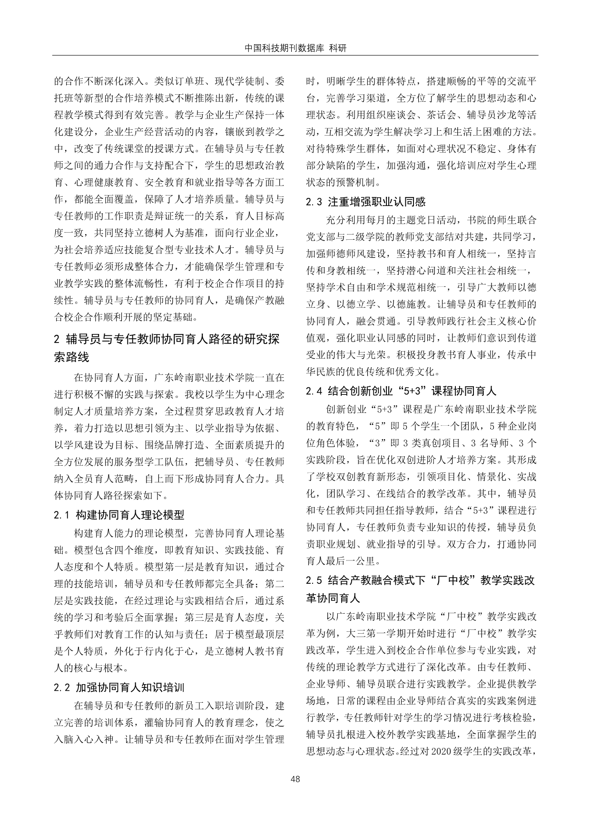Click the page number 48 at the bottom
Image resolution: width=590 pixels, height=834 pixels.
click(295, 779)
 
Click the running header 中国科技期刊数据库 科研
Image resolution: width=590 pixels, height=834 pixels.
click(295, 49)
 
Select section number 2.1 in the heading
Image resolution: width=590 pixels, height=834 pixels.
click(62, 515)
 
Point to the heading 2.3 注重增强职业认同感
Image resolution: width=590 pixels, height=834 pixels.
click(366, 202)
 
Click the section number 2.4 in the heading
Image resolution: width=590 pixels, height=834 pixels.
click(315, 392)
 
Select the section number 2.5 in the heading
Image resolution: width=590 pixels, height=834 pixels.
click(315, 580)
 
